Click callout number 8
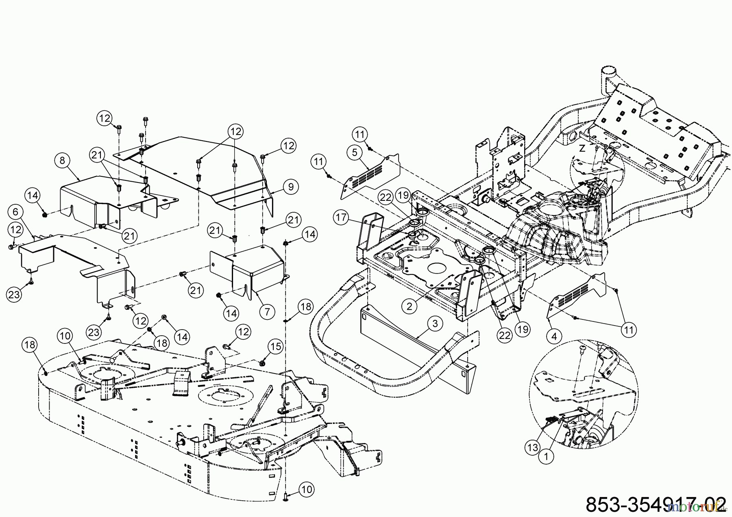click(x=62, y=161)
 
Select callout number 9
click(x=291, y=187)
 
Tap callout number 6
click(x=15, y=212)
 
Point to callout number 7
click(x=267, y=312)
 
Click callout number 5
click(x=355, y=153)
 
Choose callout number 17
click(x=341, y=218)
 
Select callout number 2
click(x=410, y=306)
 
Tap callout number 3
click(x=435, y=324)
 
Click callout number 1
click(x=546, y=456)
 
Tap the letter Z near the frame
click(x=582, y=149)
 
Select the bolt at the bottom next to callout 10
click(x=286, y=496)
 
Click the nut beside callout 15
click(x=263, y=361)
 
